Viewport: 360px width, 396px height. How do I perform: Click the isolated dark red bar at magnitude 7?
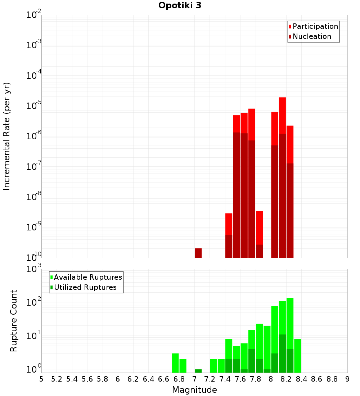tap(198, 253)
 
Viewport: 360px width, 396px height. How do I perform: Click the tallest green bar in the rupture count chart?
tap(290, 317)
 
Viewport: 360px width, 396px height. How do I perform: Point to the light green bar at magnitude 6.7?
tap(175, 363)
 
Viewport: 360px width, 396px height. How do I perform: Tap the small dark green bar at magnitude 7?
tap(198, 371)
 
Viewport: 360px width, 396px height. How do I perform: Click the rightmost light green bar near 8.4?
tap(297, 356)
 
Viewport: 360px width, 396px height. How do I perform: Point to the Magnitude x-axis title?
tap(194, 390)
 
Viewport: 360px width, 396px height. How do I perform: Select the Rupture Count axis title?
tap(14, 320)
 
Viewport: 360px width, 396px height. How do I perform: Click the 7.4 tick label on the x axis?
tap(225, 379)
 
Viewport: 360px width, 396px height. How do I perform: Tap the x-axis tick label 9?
tap(347, 379)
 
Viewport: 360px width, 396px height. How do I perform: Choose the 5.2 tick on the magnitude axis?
tap(57, 379)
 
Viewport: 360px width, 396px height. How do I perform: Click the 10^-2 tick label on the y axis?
tap(33, 15)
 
